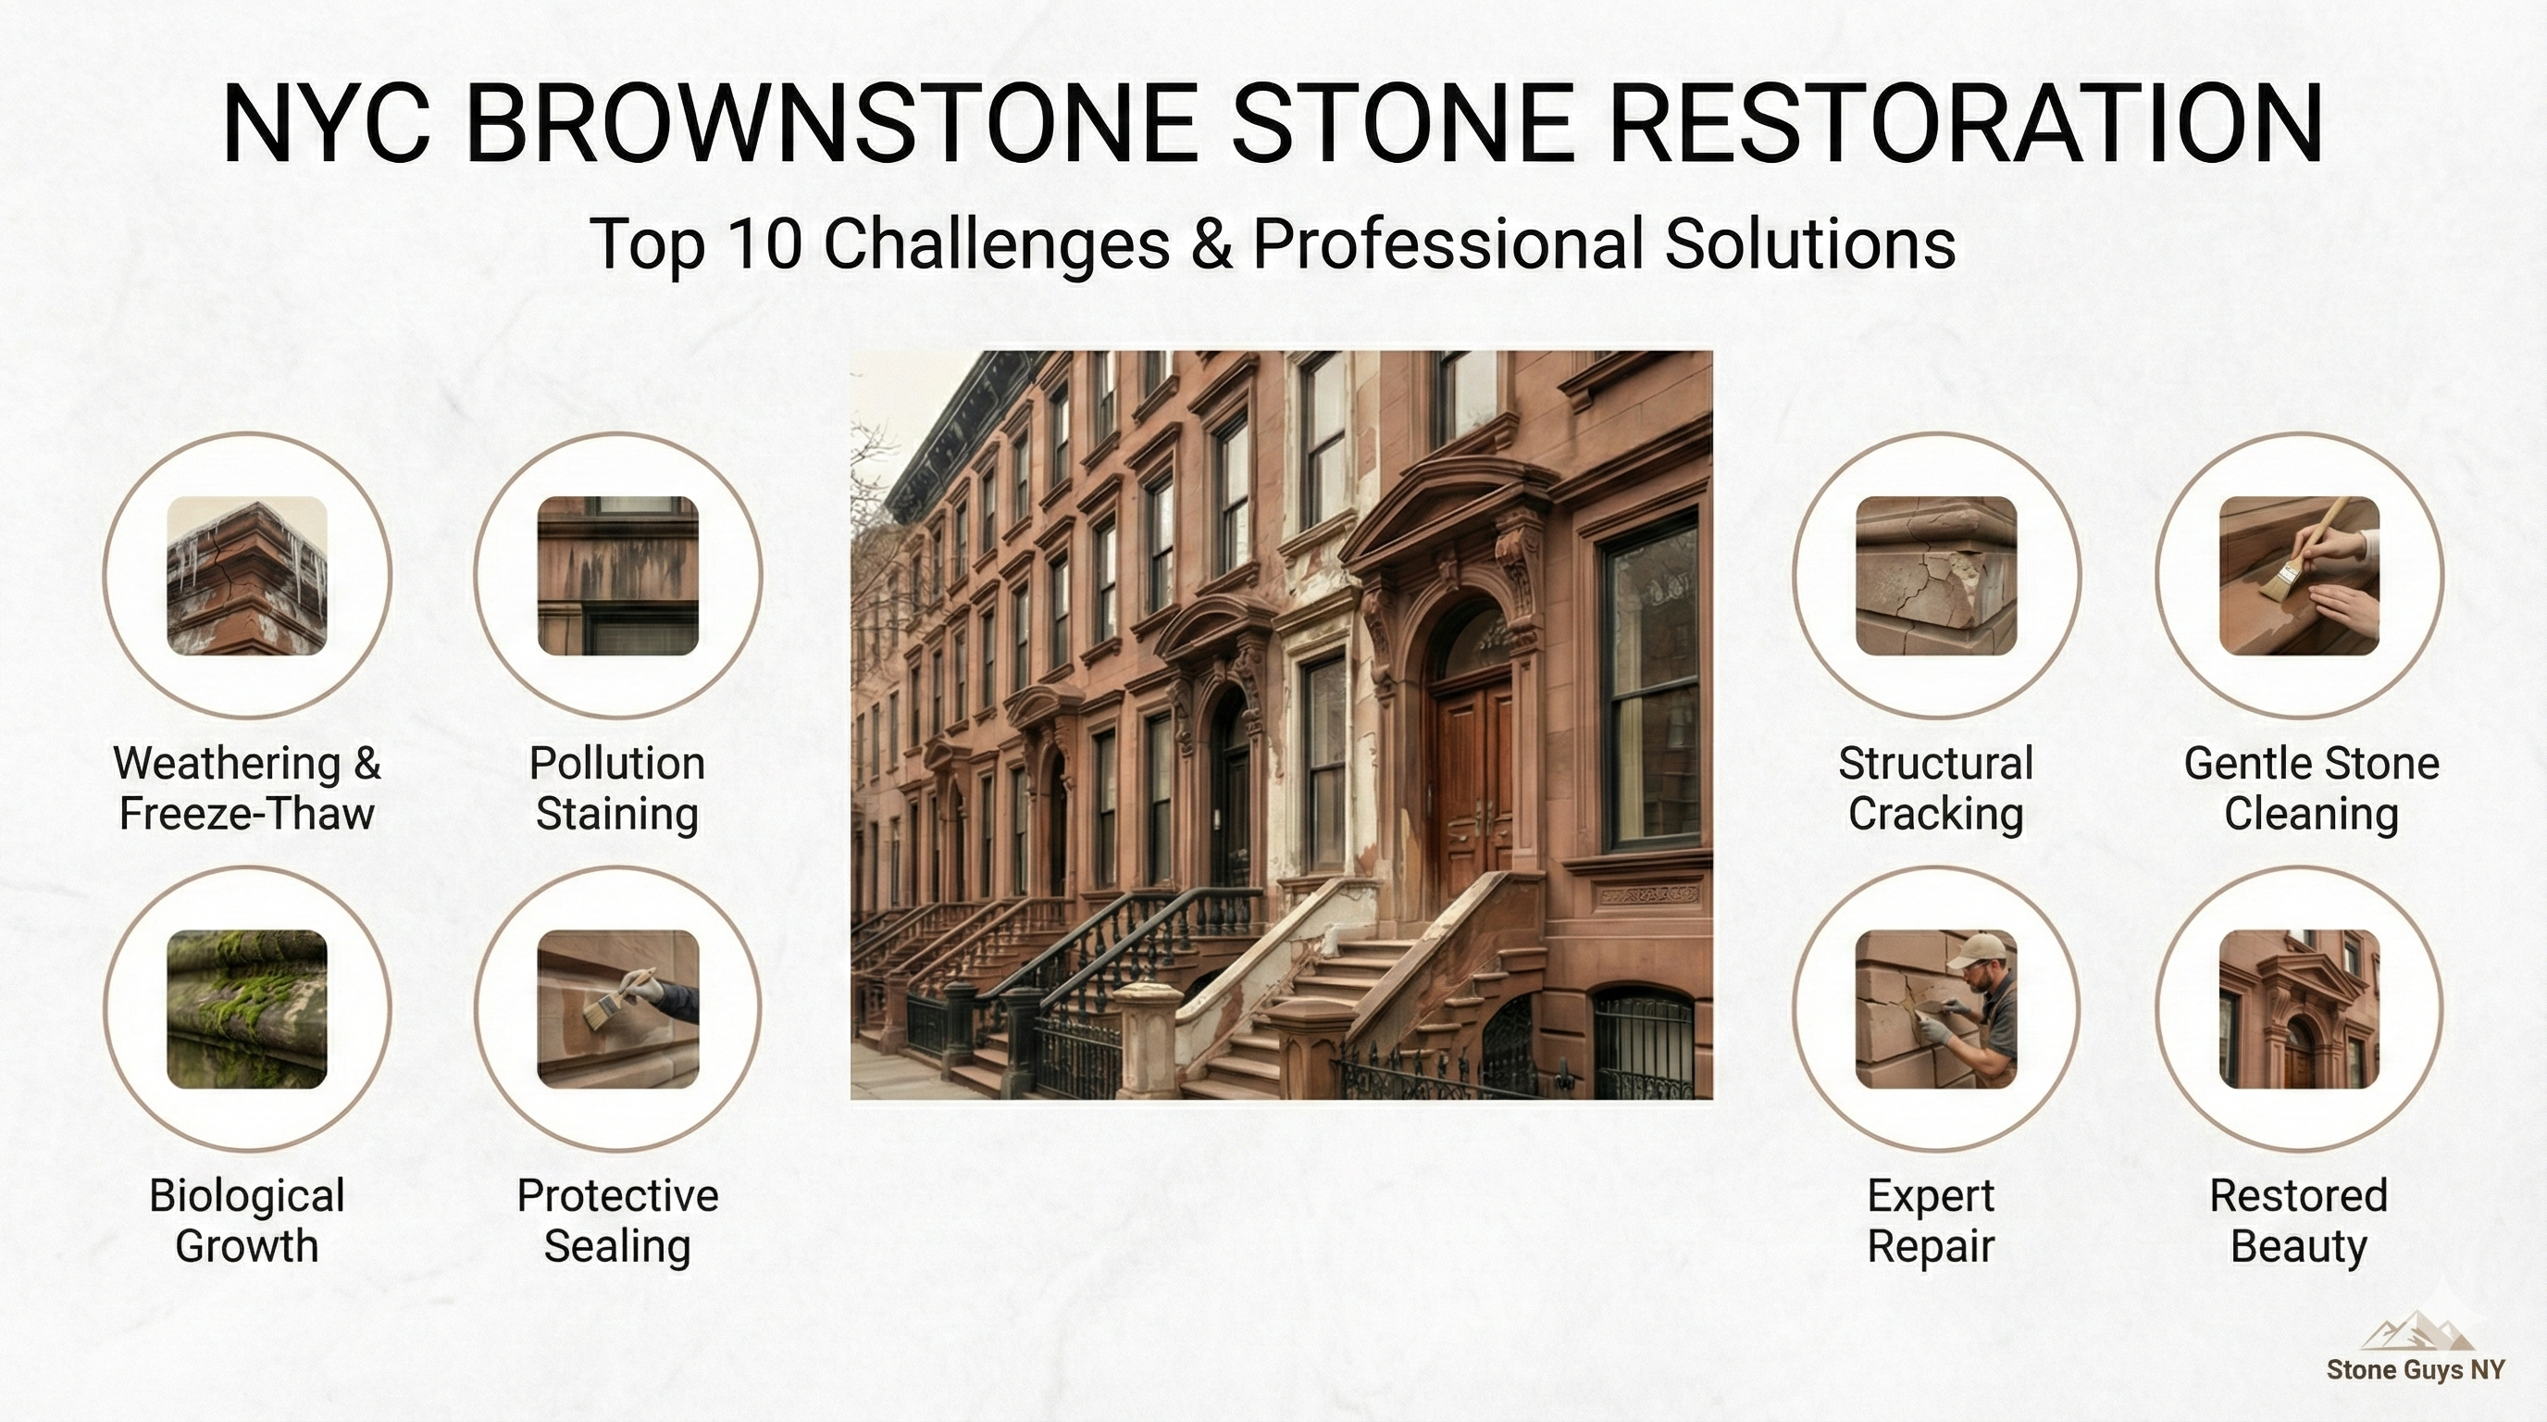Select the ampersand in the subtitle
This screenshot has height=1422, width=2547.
(1211, 243)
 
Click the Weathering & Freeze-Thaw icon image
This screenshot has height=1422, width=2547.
(246, 576)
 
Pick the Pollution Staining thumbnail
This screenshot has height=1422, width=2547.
(617, 576)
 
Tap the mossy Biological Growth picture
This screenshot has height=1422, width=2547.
(246, 1009)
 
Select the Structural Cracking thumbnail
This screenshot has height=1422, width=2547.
(1935, 576)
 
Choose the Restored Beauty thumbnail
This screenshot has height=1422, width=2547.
(2299, 1009)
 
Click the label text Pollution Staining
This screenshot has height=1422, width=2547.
(617, 788)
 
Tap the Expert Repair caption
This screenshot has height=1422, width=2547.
(1930, 1220)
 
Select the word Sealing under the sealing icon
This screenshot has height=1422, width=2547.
(617, 1246)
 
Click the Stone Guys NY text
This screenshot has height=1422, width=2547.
(2416, 1369)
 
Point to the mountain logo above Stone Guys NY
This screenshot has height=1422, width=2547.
(2417, 1331)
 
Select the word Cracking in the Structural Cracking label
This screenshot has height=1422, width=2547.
(1935, 814)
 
